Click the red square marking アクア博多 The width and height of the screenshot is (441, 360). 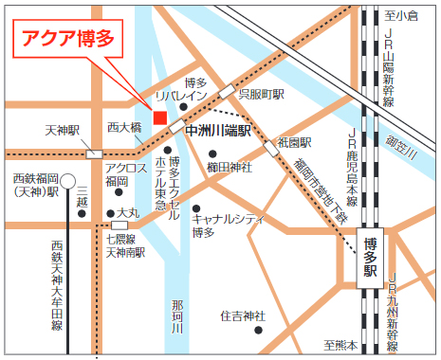pos(159,117)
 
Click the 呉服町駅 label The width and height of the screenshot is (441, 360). pos(262,96)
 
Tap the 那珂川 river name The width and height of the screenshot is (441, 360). pos(177,317)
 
